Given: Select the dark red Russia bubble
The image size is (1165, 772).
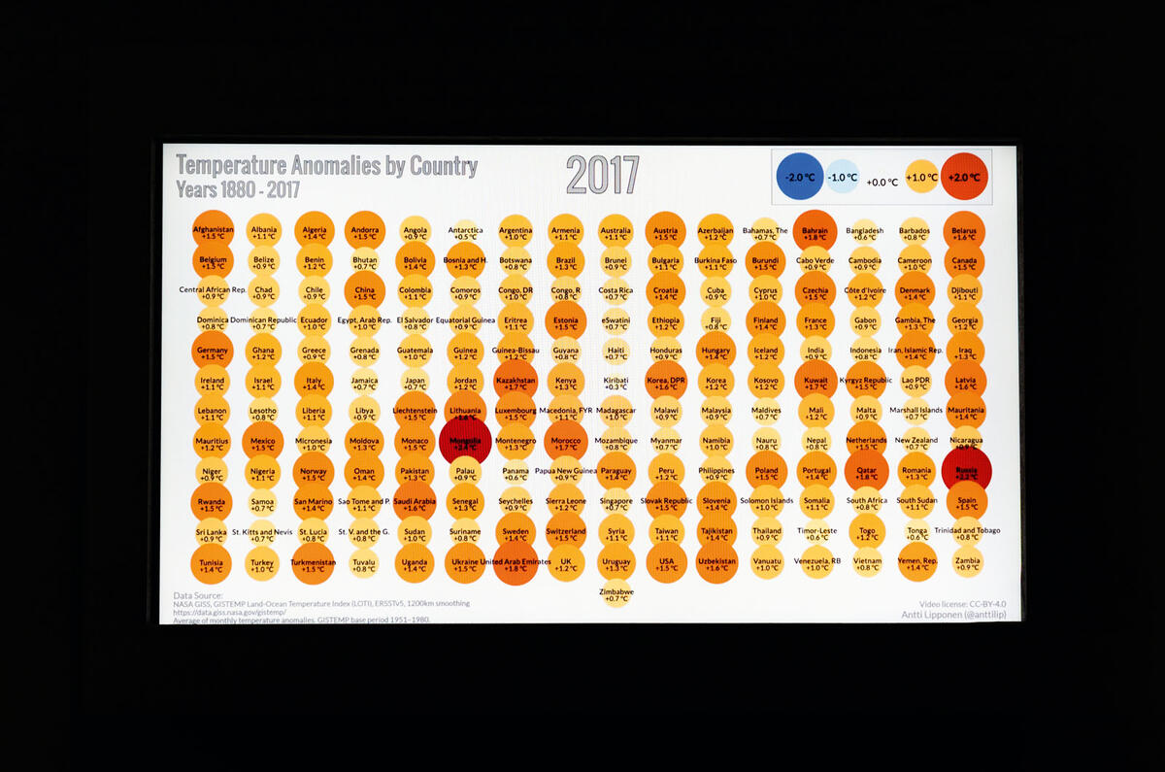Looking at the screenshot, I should [967, 470].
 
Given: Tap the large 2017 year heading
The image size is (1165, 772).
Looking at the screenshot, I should [602, 176].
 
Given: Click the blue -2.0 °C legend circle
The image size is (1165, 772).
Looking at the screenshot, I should [801, 178].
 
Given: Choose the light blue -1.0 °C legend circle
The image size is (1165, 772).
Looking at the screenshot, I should [843, 178].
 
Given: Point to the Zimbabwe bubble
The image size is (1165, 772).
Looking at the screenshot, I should [616, 594].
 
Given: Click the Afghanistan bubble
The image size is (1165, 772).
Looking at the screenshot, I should [213, 231].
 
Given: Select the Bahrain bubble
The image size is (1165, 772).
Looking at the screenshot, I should [815, 231].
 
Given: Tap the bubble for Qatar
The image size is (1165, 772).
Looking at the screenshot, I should [865, 470].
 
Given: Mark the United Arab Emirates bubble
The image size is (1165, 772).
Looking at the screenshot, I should [516, 563].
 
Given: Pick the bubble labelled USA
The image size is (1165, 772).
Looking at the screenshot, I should [665, 563].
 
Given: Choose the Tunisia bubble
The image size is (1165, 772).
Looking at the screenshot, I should [213, 563].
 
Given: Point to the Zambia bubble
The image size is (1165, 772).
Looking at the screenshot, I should [967, 563].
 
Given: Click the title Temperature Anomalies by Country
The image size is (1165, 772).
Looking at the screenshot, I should [326, 166].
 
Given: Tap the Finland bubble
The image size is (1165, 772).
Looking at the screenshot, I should [766, 320].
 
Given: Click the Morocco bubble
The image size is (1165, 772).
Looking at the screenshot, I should [565, 441].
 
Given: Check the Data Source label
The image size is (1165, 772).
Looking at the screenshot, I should [198, 595].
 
